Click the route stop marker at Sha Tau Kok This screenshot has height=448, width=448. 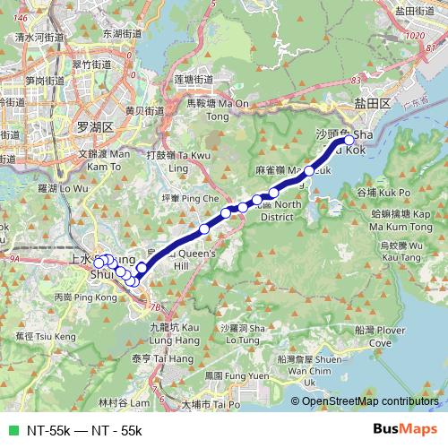pos(349,139)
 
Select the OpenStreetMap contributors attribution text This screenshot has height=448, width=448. pos(371,401)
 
